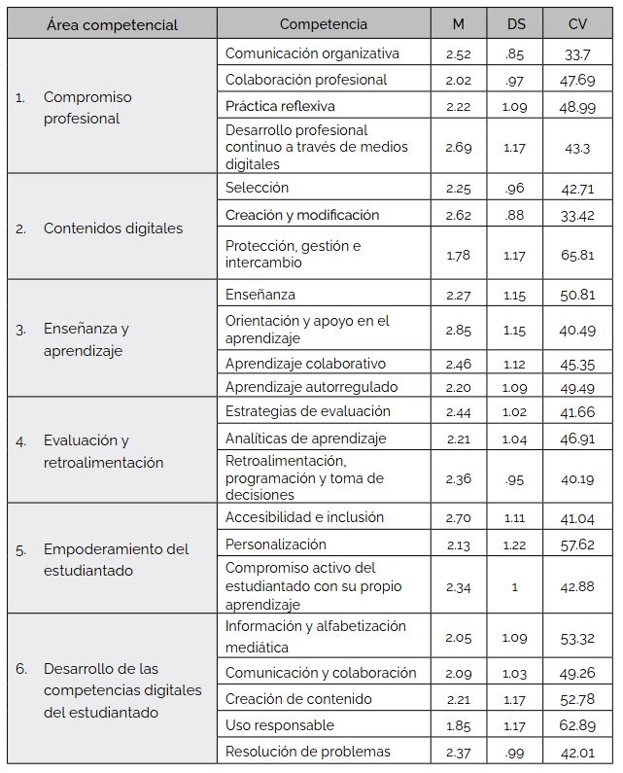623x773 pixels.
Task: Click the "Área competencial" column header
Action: (x=112, y=24)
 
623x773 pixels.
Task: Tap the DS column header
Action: (x=515, y=24)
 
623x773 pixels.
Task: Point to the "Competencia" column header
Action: (x=324, y=24)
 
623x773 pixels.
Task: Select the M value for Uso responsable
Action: (x=458, y=725)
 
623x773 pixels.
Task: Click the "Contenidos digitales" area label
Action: (x=113, y=228)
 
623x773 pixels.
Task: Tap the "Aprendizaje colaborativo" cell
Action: (x=305, y=364)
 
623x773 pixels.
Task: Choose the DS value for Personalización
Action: (x=515, y=545)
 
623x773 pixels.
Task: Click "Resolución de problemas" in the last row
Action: (x=307, y=751)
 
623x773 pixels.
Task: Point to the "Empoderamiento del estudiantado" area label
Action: (x=116, y=559)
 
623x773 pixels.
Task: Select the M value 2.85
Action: (x=458, y=331)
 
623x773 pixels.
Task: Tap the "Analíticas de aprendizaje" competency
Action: (x=305, y=439)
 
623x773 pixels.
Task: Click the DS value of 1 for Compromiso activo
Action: (x=515, y=586)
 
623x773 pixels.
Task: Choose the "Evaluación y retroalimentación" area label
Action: (x=103, y=451)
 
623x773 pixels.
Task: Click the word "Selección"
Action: (x=257, y=188)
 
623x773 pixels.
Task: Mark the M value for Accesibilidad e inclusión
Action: (x=458, y=518)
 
